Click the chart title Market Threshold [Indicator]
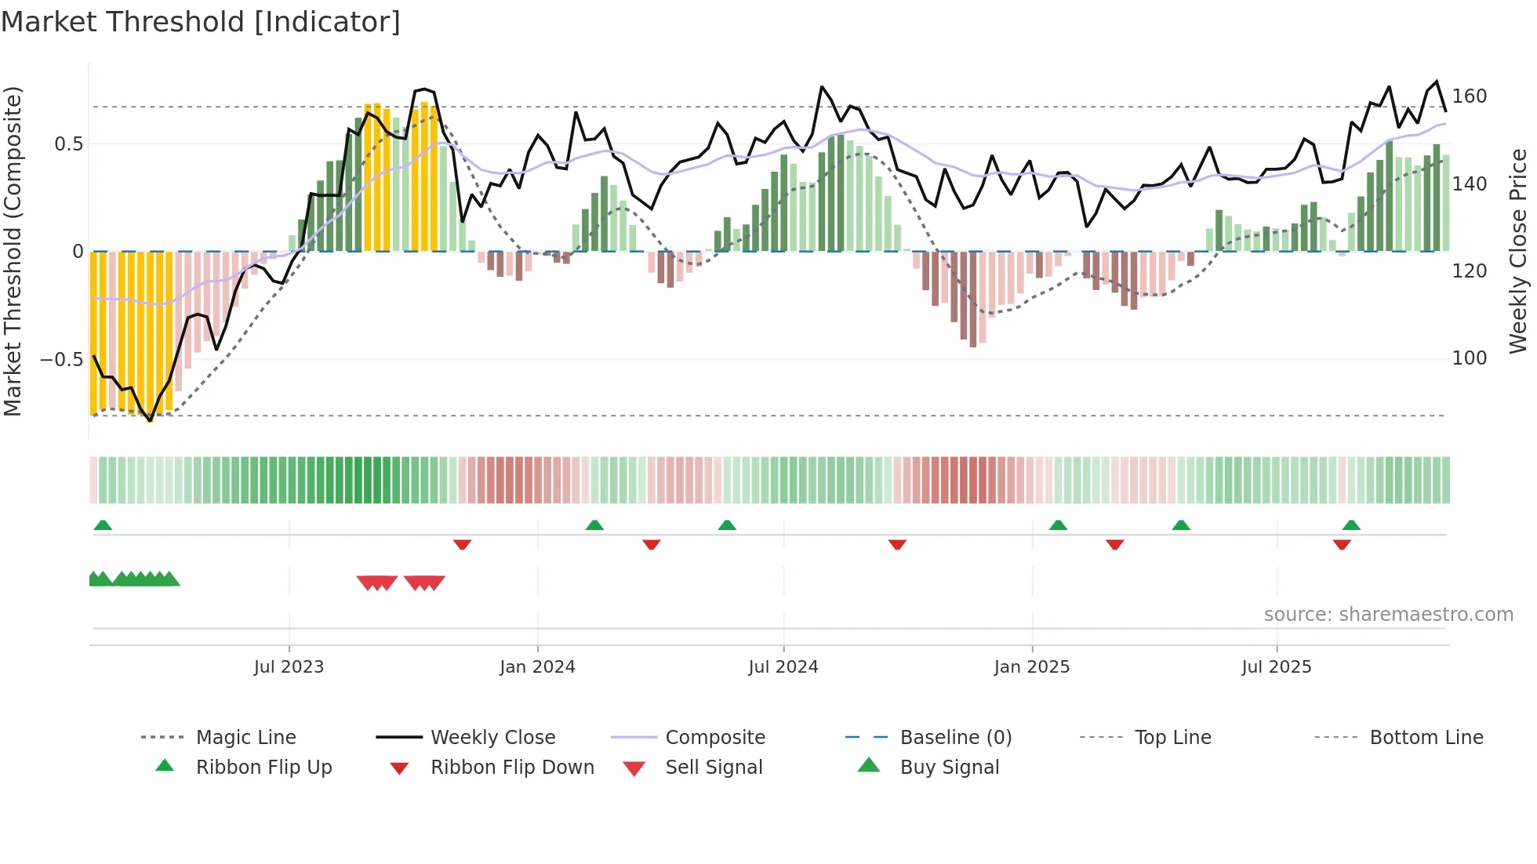click(x=201, y=22)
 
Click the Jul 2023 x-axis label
click(x=289, y=666)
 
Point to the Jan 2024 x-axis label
click(x=537, y=666)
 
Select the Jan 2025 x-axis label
click(x=1031, y=666)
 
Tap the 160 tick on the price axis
click(x=1470, y=96)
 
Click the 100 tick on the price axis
click(x=1470, y=358)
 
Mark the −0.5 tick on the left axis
click(x=61, y=360)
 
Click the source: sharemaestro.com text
click(x=1388, y=615)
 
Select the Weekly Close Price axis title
click(x=1518, y=251)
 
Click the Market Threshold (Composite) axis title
click(x=13, y=251)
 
